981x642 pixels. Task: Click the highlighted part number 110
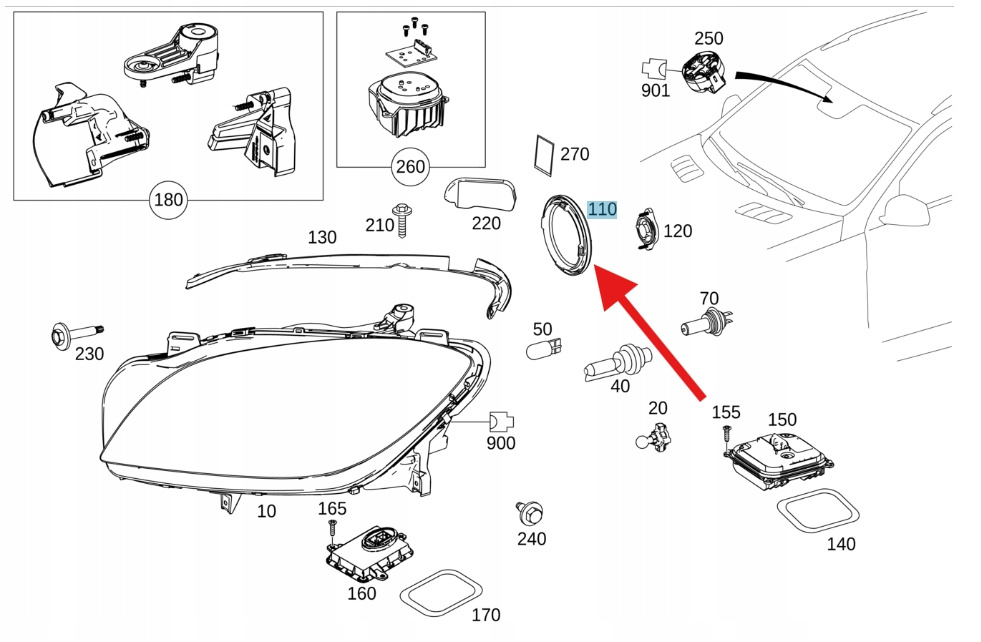pyautogui.click(x=602, y=209)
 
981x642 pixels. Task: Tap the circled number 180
pyautogui.click(x=168, y=200)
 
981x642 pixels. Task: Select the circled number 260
pyautogui.click(x=410, y=167)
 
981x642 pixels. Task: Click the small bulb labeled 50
pyautogui.click(x=543, y=350)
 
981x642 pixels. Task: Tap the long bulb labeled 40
pyautogui.click(x=616, y=362)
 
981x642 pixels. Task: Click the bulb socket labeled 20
pyautogui.click(x=654, y=436)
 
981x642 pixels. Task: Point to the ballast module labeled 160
pyautogui.click(x=369, y=552)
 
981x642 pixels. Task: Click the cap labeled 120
pyautogui.click(x=645, y=230)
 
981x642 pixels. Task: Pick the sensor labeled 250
pyautogui.click(x=704, y=73)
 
